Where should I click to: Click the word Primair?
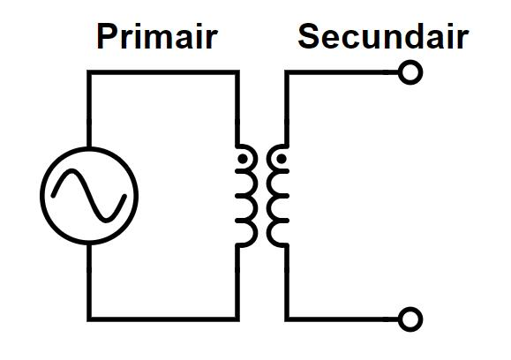157,36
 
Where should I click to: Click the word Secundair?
383,36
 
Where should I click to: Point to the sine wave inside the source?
89,196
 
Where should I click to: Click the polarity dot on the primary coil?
243,159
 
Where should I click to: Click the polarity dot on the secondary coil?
282,159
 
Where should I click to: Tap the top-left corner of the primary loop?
89,72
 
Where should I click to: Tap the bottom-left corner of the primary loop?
89,319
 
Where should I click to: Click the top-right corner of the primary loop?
237,72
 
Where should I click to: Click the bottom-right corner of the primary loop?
237,319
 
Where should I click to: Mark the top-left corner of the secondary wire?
287,72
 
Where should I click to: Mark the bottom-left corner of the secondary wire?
287,319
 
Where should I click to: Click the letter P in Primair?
107,36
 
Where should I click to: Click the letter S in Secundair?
309,36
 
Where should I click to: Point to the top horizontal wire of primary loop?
163,72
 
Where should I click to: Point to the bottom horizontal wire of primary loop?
163,319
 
